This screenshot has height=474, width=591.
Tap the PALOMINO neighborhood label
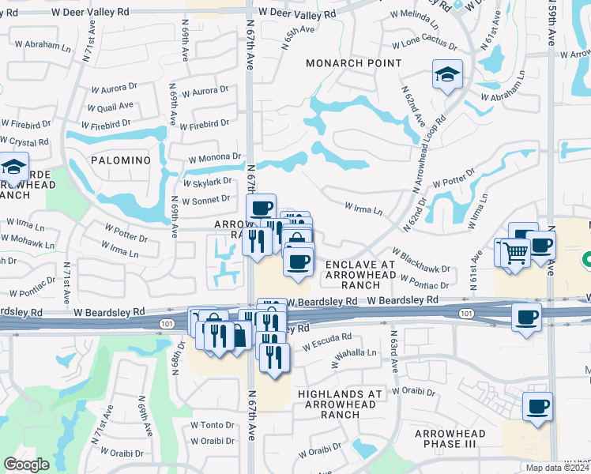tap(120, 160)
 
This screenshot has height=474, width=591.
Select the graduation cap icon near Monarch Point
tap(447, 76)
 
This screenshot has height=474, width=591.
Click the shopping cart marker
tap(515, 253)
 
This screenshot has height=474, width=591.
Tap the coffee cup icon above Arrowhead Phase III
tap(537, 407)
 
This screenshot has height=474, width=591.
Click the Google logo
tap(27, 465)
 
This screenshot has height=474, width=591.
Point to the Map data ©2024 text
tap(556, 468)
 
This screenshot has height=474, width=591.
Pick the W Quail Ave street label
tap(110, 107)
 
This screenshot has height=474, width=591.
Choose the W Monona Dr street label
tap(213, 159)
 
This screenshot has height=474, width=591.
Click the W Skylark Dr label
tap(206, 182)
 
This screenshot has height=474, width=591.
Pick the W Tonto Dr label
tap(212, 424)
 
